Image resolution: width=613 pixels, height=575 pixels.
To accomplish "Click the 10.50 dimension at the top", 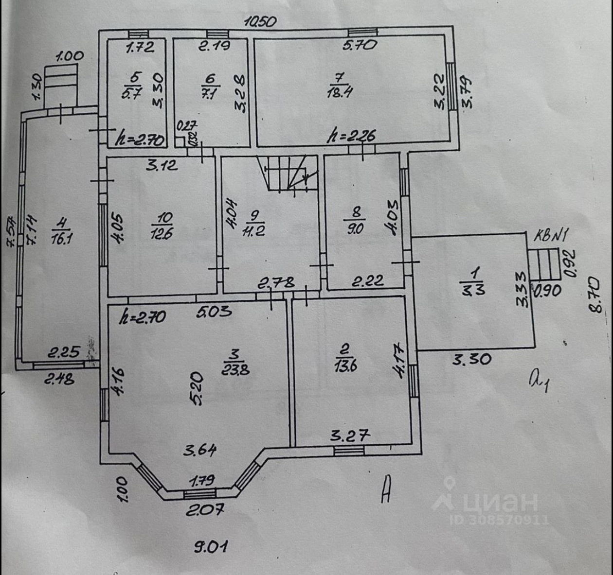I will pyautogui.click(x=260, y=22).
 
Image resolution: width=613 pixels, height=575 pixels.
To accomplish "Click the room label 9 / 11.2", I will pyautogui.click(x=253, y=223).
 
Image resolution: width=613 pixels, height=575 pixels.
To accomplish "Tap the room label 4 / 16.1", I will pyautogui.click(x=61, y=231).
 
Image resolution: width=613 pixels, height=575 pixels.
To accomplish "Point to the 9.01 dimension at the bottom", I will pyautogui.click(x=211, y=547).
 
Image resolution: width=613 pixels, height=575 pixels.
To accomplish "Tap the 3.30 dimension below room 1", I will pyautogui.click(x=471, y=360).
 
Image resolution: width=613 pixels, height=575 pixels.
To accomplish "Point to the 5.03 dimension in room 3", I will pyautogui.click(x=214, y=312).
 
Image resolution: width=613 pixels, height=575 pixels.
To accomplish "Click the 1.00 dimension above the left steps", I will pyautogui.click(x=70, y=56).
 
